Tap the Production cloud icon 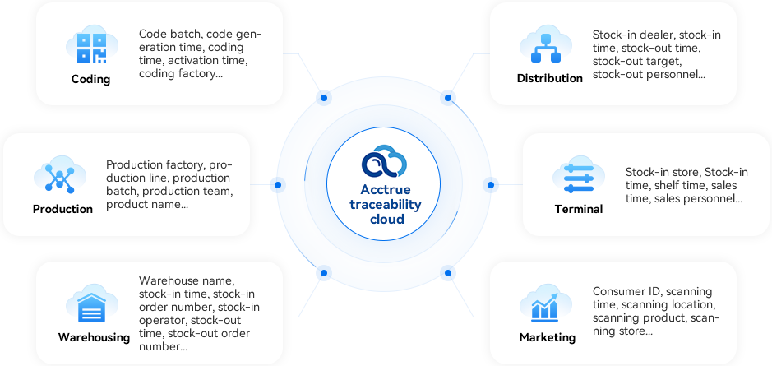(58, 176)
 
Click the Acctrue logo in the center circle (386, 160)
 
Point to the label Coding (90, 80)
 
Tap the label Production (62, 209)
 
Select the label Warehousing (94, 337)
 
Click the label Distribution (549, 79)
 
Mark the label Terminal (578, 209)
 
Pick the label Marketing (547, 337)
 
